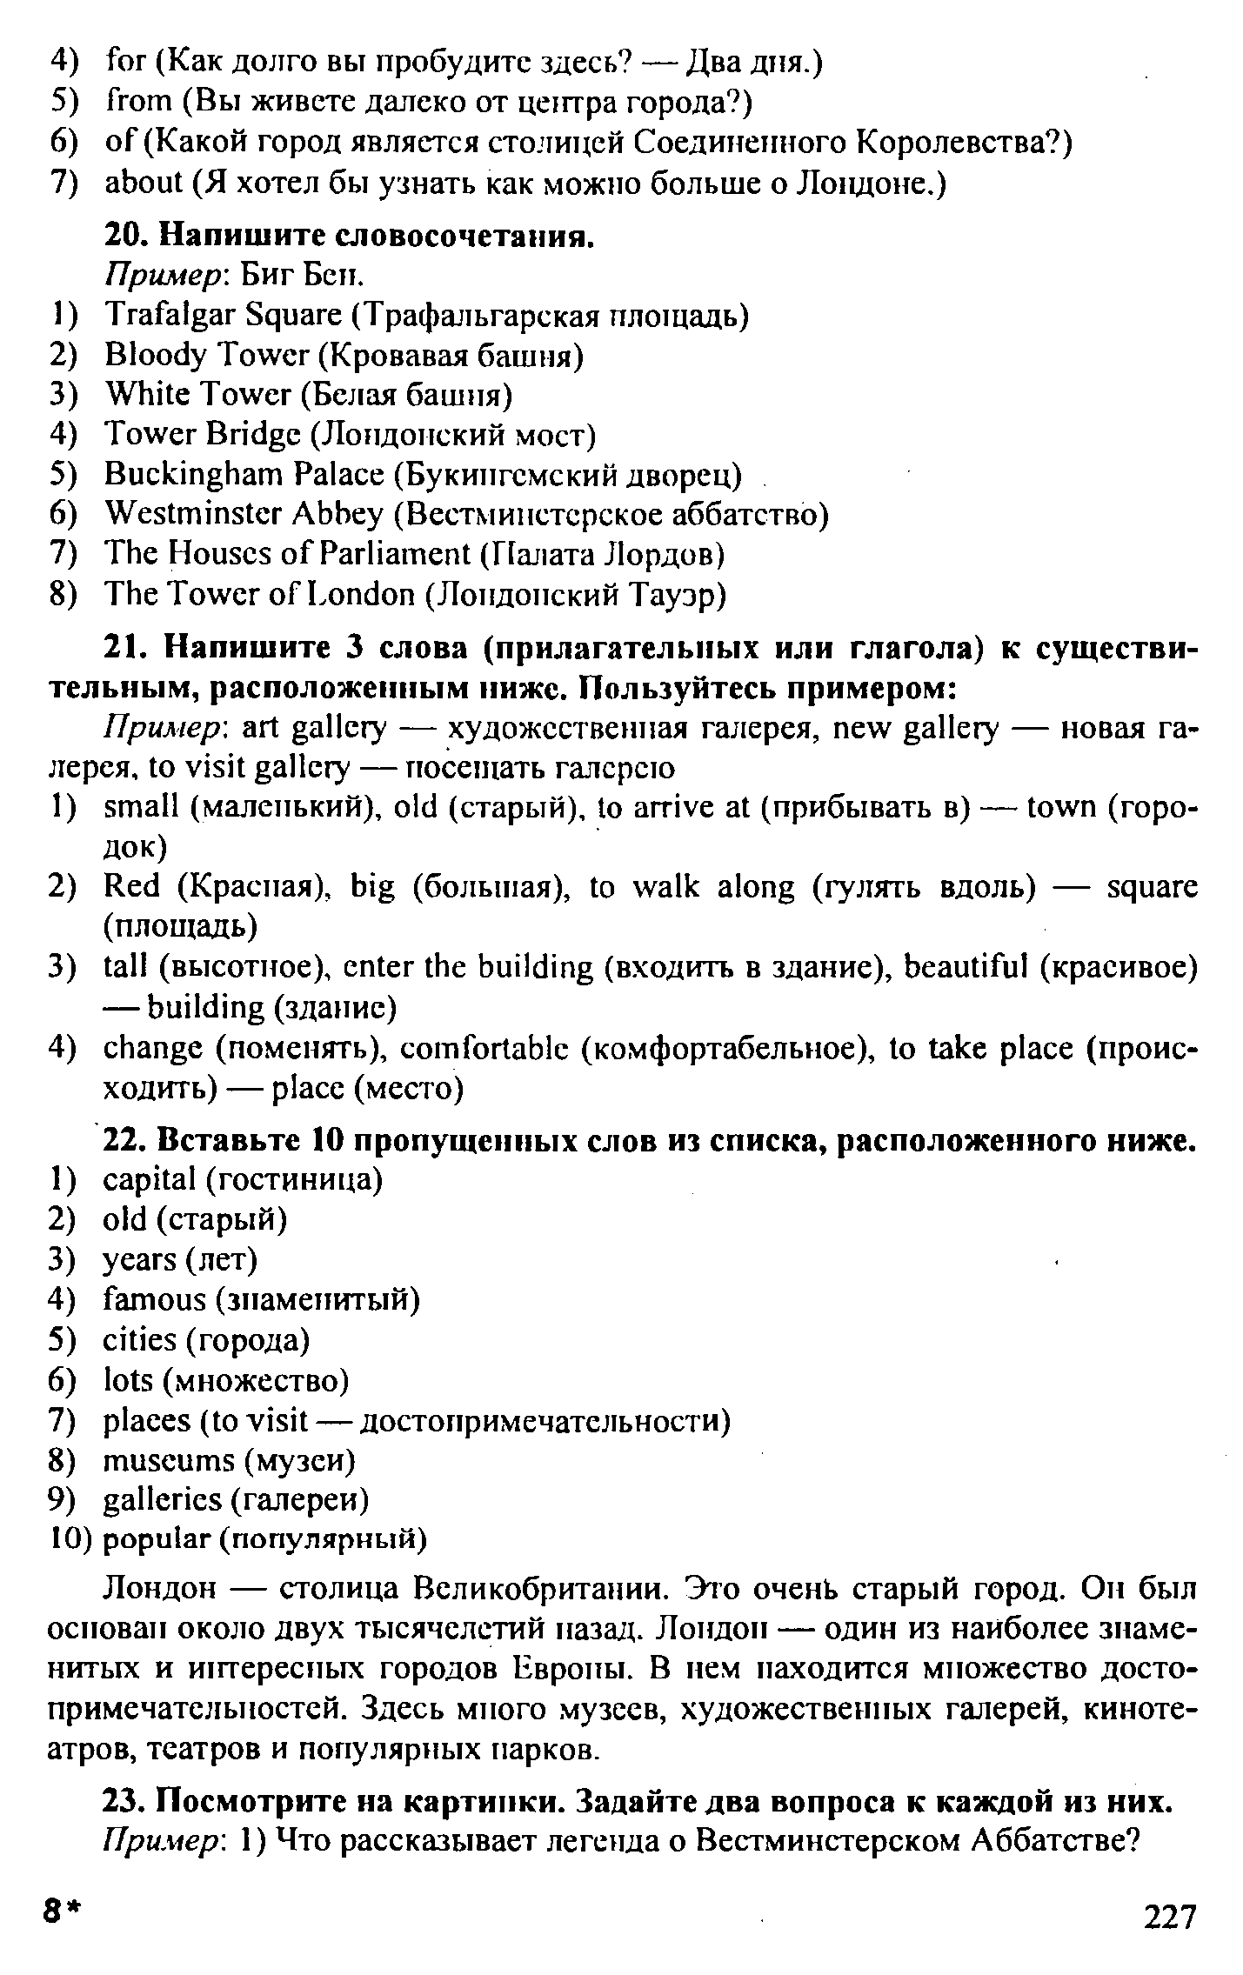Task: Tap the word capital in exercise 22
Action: [150, 1180]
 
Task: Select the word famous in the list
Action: [154, 1300]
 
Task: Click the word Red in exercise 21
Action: [132, 887]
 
